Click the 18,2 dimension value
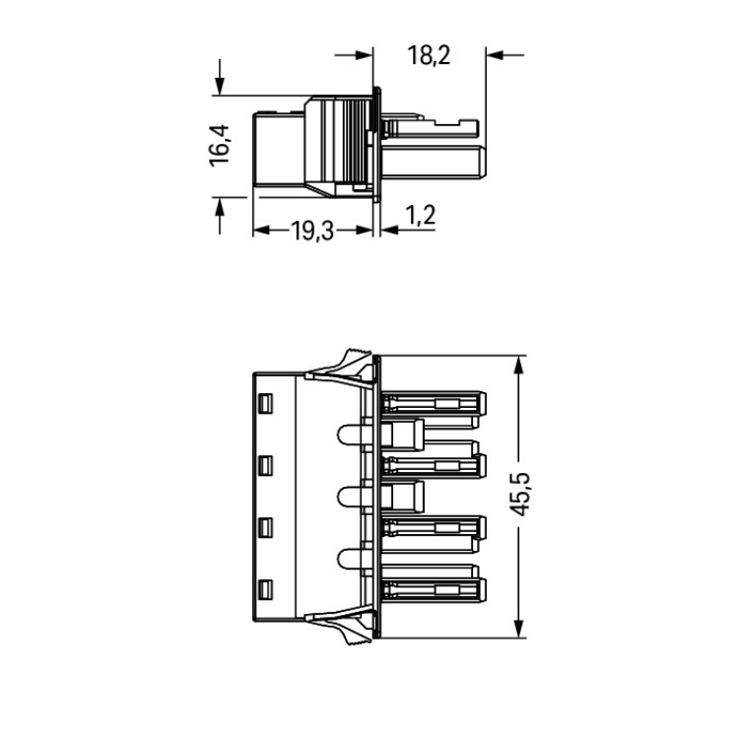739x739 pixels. (x=429, y=55)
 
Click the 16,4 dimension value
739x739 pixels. (x=219, y=146)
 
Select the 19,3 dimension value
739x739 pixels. (x=312, y=231)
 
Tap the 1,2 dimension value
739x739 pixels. (x=420, y=216)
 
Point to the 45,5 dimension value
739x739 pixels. (x=520, y=494)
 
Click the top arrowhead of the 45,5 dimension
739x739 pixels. (x=519, y=366)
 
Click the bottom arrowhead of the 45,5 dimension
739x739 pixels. (x=519, y=629)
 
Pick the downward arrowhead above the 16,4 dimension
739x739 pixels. (x=219, y=87)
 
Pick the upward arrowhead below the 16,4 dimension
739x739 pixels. (x=219, y=206)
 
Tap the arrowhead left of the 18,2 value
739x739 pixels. (x=364, y=55)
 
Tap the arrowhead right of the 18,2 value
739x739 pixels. (x=496, y=55)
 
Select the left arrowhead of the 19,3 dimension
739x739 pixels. (x=262, y=231)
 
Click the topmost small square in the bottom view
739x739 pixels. (x=266, y=404)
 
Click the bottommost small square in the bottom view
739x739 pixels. (x=266, y=590)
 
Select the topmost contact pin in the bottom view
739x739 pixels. (x=434, y=404)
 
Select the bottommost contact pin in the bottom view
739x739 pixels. (x=434, y=590)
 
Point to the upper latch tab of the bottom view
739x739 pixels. (x=340, y=369)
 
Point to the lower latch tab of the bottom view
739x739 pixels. (x=340, y=626)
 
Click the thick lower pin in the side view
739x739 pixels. (x=434, y=163)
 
